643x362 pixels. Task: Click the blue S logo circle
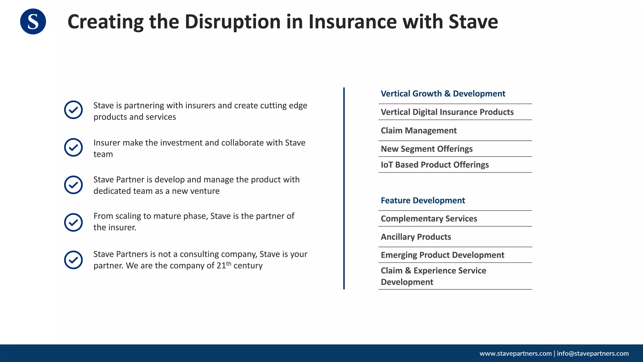[33, 21]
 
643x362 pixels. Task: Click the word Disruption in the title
[232, 22]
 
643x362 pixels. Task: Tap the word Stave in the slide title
[473, 22]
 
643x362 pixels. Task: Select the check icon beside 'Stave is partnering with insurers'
[73, 110]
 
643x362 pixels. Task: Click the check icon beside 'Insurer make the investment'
[73, 147]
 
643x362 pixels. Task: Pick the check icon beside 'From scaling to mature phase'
[73, 222]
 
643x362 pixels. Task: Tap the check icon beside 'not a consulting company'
[73, 260]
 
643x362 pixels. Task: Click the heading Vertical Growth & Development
[443, 94]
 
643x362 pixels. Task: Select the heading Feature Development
[423, 200]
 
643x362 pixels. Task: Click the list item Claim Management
[419, 130]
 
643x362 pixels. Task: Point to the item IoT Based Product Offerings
[435, 165]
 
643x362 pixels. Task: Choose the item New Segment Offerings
[426, 149]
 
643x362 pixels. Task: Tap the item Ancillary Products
[416, 237]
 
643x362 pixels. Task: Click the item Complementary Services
[429, 219]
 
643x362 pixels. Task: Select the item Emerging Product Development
[442, 255]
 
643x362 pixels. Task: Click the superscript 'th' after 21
[229, 264]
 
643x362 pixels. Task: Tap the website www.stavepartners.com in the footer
[516, 354]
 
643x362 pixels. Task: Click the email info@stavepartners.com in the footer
[593, 354]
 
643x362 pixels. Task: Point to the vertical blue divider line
[344, 189]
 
